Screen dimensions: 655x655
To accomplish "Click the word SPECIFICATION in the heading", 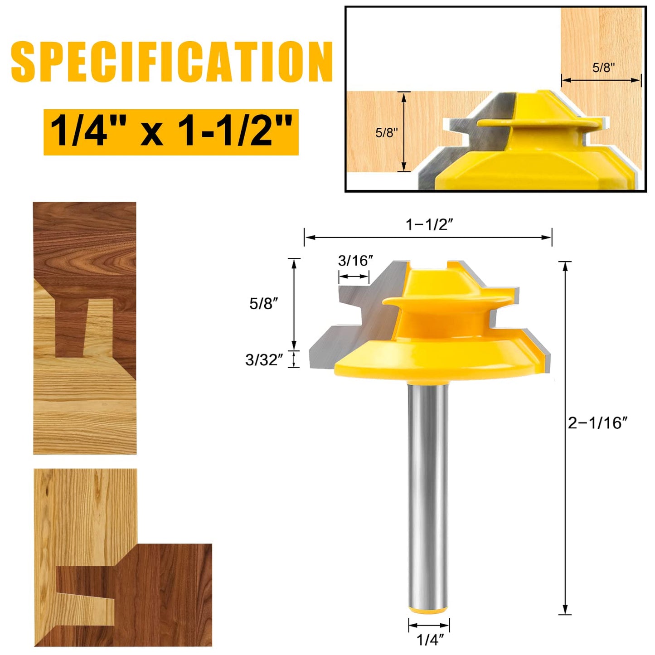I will (171, 62).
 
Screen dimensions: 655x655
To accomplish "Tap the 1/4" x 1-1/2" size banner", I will (171, 132).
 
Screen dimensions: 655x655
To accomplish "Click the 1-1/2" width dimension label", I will (429, 224).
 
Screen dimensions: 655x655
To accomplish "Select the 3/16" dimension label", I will (355, 261).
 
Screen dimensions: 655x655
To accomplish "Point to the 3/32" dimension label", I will (264, 360).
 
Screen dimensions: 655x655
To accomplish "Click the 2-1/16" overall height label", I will (597, 423).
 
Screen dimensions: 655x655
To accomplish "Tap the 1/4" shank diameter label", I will (430, 640).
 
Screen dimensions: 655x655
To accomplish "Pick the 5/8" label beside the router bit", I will (263, 303).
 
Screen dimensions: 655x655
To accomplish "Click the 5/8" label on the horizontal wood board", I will (386, 132).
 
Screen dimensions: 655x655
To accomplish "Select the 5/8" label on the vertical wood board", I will (603, 68).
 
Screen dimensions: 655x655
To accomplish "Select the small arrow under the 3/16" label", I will (354, 277).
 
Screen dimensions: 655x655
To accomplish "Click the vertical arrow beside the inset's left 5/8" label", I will (404, 131).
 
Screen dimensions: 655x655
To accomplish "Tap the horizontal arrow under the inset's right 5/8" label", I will (601, 80).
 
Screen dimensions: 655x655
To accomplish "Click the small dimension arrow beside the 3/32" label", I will (294, 359).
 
